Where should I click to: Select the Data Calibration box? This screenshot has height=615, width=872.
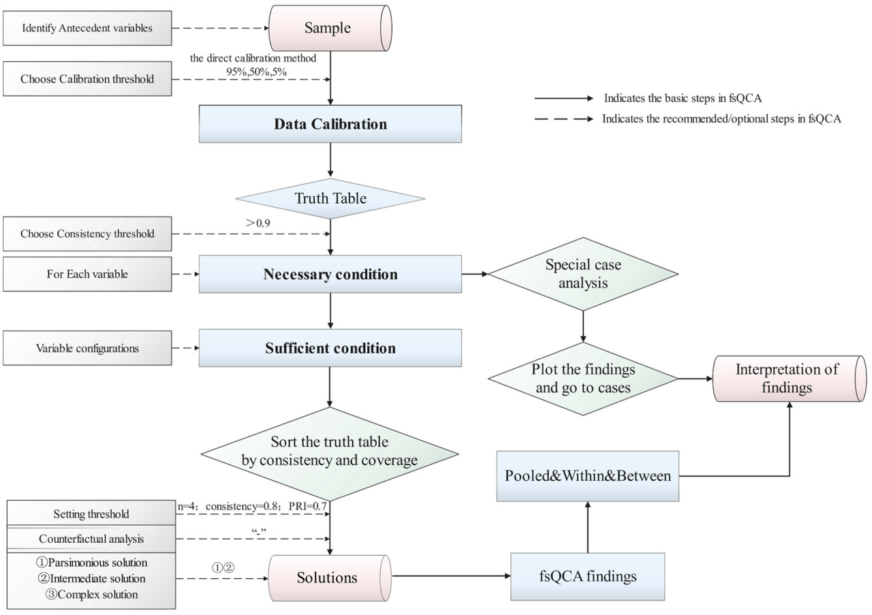(330, 125)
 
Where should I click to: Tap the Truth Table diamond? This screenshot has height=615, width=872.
(330, 199)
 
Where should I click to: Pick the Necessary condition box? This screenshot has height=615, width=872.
(330, 274)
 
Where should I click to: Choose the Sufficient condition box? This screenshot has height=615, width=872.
(330, 348)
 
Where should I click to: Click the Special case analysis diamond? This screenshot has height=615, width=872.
(583, 273)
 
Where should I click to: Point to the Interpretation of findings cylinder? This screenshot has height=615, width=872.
(788, 379)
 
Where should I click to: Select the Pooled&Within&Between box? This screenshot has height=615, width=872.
(588, 475)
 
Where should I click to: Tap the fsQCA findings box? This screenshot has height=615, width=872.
(588, 577)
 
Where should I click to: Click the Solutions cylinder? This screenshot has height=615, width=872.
(328, 578)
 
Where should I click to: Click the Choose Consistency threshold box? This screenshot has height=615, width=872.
(87, 234)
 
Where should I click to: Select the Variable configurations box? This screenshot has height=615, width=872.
(87, 348)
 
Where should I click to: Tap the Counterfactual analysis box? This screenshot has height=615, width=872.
(91, 539)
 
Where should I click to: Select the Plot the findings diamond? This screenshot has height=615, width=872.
(583, 379)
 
